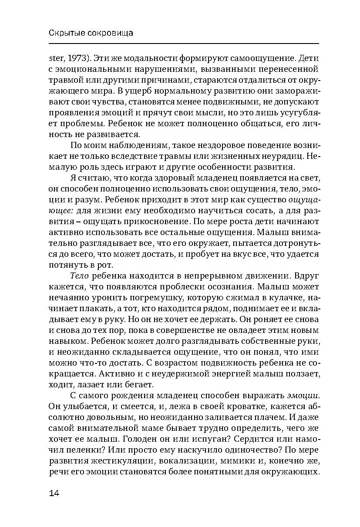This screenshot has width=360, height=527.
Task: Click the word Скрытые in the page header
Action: (x=62, y=33)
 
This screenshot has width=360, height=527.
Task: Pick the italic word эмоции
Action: (x=303, y=396)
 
